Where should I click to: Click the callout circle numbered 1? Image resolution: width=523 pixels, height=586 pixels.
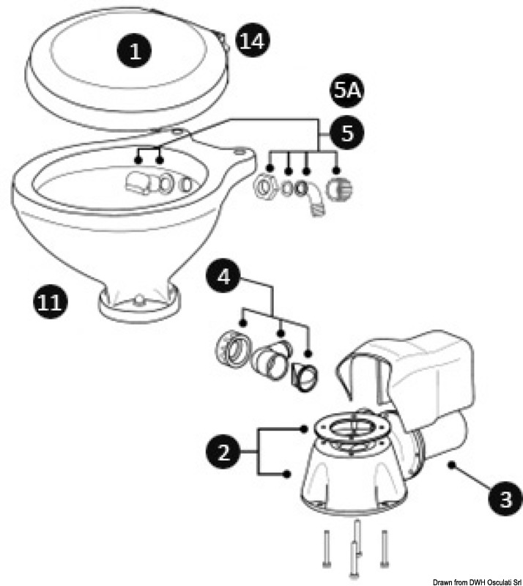coord(135,51)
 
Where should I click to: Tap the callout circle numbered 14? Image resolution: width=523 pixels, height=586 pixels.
coord(251,41)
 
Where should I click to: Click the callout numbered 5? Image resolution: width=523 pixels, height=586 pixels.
coord(346,133)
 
